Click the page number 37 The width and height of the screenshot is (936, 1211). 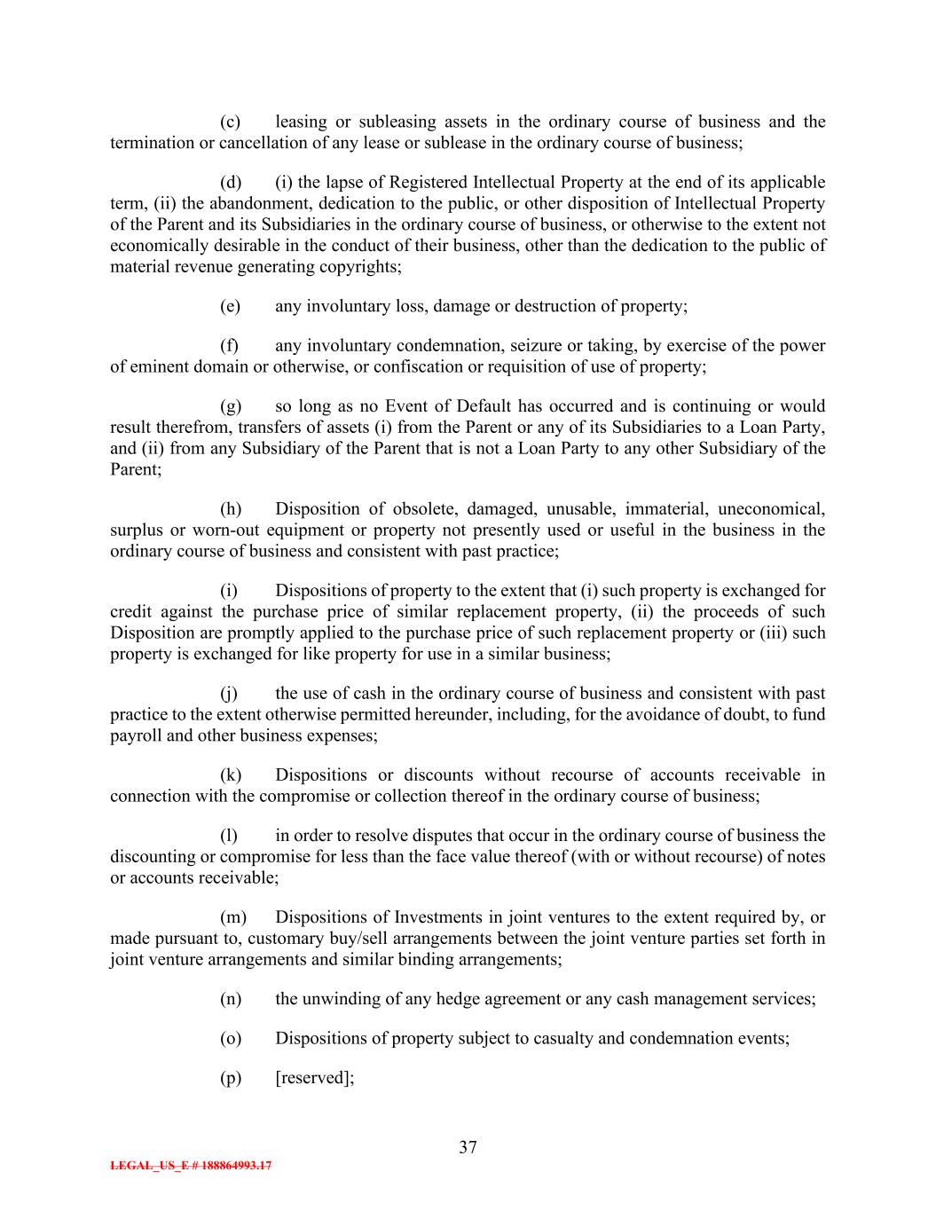(468, 1147)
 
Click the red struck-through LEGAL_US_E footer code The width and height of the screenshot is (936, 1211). (191, 1166)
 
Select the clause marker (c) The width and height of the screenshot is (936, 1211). (231, 122)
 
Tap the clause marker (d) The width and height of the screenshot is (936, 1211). (231, 182)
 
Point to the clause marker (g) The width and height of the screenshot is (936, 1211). (231, 405)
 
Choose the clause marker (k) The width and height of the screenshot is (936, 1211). (231, 775)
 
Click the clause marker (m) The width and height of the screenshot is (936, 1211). (232, 916)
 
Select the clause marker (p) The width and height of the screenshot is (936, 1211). (231, 1077)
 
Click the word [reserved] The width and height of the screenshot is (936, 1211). (315, 1077)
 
